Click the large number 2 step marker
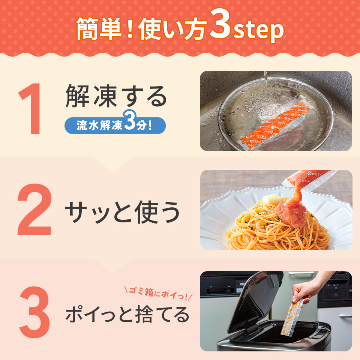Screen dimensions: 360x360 coord(34,209)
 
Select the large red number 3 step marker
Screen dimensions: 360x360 coord(34,312)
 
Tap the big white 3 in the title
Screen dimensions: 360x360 coord(220,24)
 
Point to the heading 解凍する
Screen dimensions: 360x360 coord(116,96)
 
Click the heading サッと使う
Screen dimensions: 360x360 coord(122,212)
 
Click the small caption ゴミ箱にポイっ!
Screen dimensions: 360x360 coord(158,293)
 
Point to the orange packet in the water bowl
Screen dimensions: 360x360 coord(274,124)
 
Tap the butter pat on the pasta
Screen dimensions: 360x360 coord(271,199)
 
